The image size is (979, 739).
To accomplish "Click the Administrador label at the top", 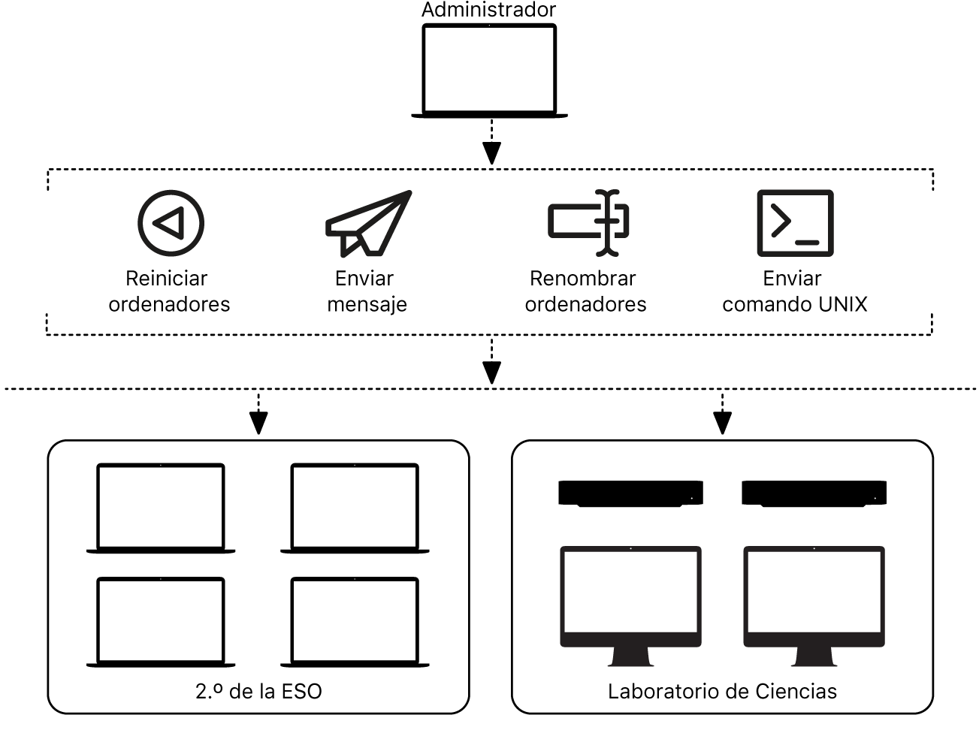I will coord(488,10).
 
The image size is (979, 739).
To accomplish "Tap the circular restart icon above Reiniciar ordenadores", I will coord(171,223).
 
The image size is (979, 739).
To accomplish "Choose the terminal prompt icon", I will coord(795,223).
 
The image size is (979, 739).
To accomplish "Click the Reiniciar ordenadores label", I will coord(169,291).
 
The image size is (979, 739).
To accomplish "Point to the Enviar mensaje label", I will coord(367,291).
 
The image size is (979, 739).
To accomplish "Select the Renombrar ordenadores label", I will coord(585,291).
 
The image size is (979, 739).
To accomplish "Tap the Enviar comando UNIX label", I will coord(794,291).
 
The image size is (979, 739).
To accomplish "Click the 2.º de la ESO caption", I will coord(258,691).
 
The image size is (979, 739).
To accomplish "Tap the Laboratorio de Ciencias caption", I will coord(722,691).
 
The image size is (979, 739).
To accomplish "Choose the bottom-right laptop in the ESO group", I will coord(355,622).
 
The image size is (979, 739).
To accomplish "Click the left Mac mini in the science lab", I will coord(630,493).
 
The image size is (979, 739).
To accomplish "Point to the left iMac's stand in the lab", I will coord(631,656).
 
